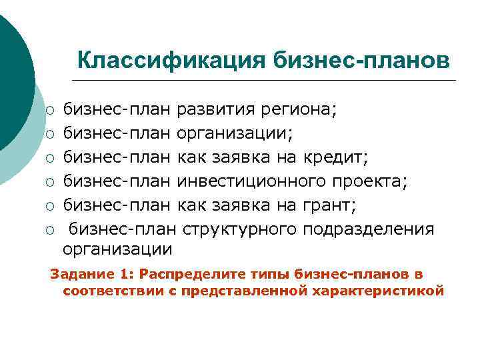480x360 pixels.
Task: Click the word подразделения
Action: pos(368,229)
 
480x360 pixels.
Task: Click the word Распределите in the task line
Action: pos(179,275)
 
